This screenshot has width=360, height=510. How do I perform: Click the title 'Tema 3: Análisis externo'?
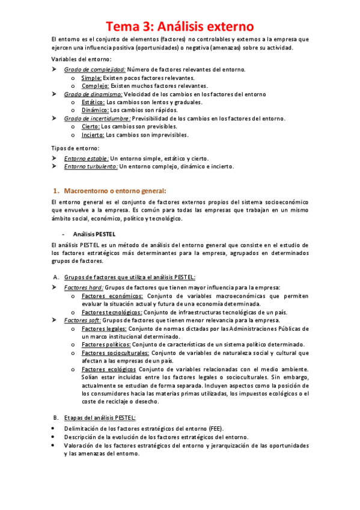180,26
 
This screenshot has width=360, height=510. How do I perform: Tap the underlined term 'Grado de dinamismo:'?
93,94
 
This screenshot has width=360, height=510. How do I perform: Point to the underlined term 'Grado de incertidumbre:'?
97,118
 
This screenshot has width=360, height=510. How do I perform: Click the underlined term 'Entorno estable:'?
87,158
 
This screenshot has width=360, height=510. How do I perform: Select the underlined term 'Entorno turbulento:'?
91,166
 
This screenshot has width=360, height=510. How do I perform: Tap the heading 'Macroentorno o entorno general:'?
114,190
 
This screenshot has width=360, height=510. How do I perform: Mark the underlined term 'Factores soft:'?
82,321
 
